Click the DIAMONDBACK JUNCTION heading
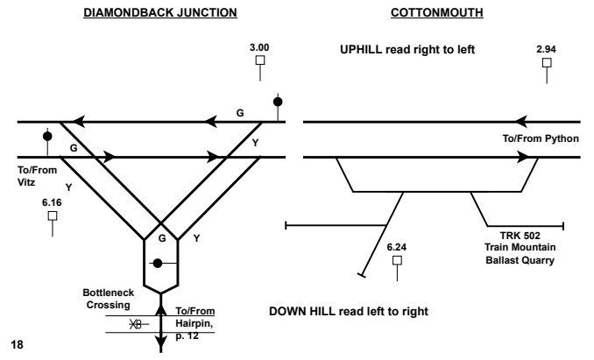click(x=159, y=16)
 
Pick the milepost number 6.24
click(x=398, y=247)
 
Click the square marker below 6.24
click(x=398, y=260)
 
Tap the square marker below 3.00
click(x=259, y=60)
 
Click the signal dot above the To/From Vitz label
click(x=46, y=137)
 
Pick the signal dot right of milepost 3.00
click(x=279, y=102)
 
